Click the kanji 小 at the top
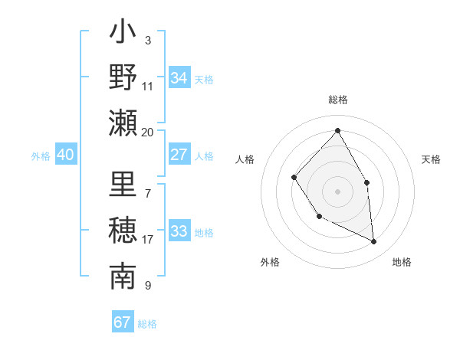point(123,34)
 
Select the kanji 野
point(123,77)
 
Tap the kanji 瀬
point(123,122)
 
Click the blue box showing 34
point(179,78)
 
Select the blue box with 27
point(179,155)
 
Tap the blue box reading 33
point(179,231)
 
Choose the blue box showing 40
point(66,155)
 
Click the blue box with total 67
point(123,322)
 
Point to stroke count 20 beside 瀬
point(147,132)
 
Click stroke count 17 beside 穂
point(147,240)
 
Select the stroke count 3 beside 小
point(147,40)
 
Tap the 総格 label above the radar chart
point(337,100)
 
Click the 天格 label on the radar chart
point(431,159)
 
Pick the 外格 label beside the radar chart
point(270,262)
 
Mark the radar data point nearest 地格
point(374,242)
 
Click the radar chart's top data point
point(337,130)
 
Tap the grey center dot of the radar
point(337,191)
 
